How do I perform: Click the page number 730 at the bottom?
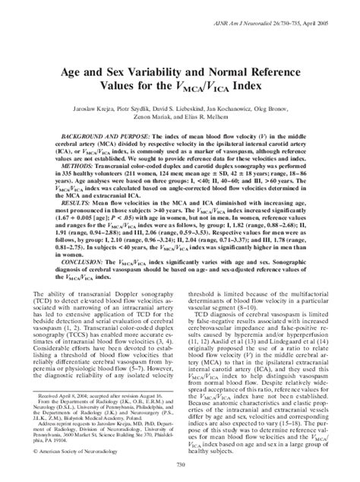pos(180,466)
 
